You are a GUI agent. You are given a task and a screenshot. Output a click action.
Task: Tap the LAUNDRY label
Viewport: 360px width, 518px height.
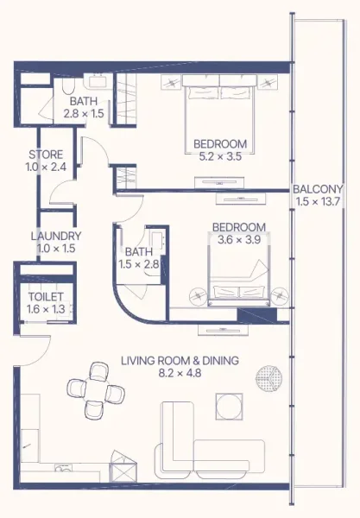coord(55,236)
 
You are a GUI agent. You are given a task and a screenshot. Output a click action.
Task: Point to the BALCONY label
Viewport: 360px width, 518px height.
coord(318,189)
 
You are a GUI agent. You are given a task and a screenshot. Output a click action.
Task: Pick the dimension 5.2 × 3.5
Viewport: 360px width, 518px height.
coord(220,157)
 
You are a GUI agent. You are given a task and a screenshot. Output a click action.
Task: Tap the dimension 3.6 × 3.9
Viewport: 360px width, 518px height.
coord(238,241)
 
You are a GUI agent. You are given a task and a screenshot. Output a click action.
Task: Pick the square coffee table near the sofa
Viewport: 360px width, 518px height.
coord(229,405)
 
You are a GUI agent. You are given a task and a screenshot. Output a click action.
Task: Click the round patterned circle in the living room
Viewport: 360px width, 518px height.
coord(269,376)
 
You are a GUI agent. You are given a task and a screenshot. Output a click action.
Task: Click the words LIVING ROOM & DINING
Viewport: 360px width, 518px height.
coord(180,361)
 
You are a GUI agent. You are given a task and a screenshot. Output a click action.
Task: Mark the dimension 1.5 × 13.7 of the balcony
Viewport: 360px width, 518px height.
coord(318,203)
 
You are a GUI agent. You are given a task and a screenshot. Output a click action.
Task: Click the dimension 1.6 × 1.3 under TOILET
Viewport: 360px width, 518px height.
coord(40,310)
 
